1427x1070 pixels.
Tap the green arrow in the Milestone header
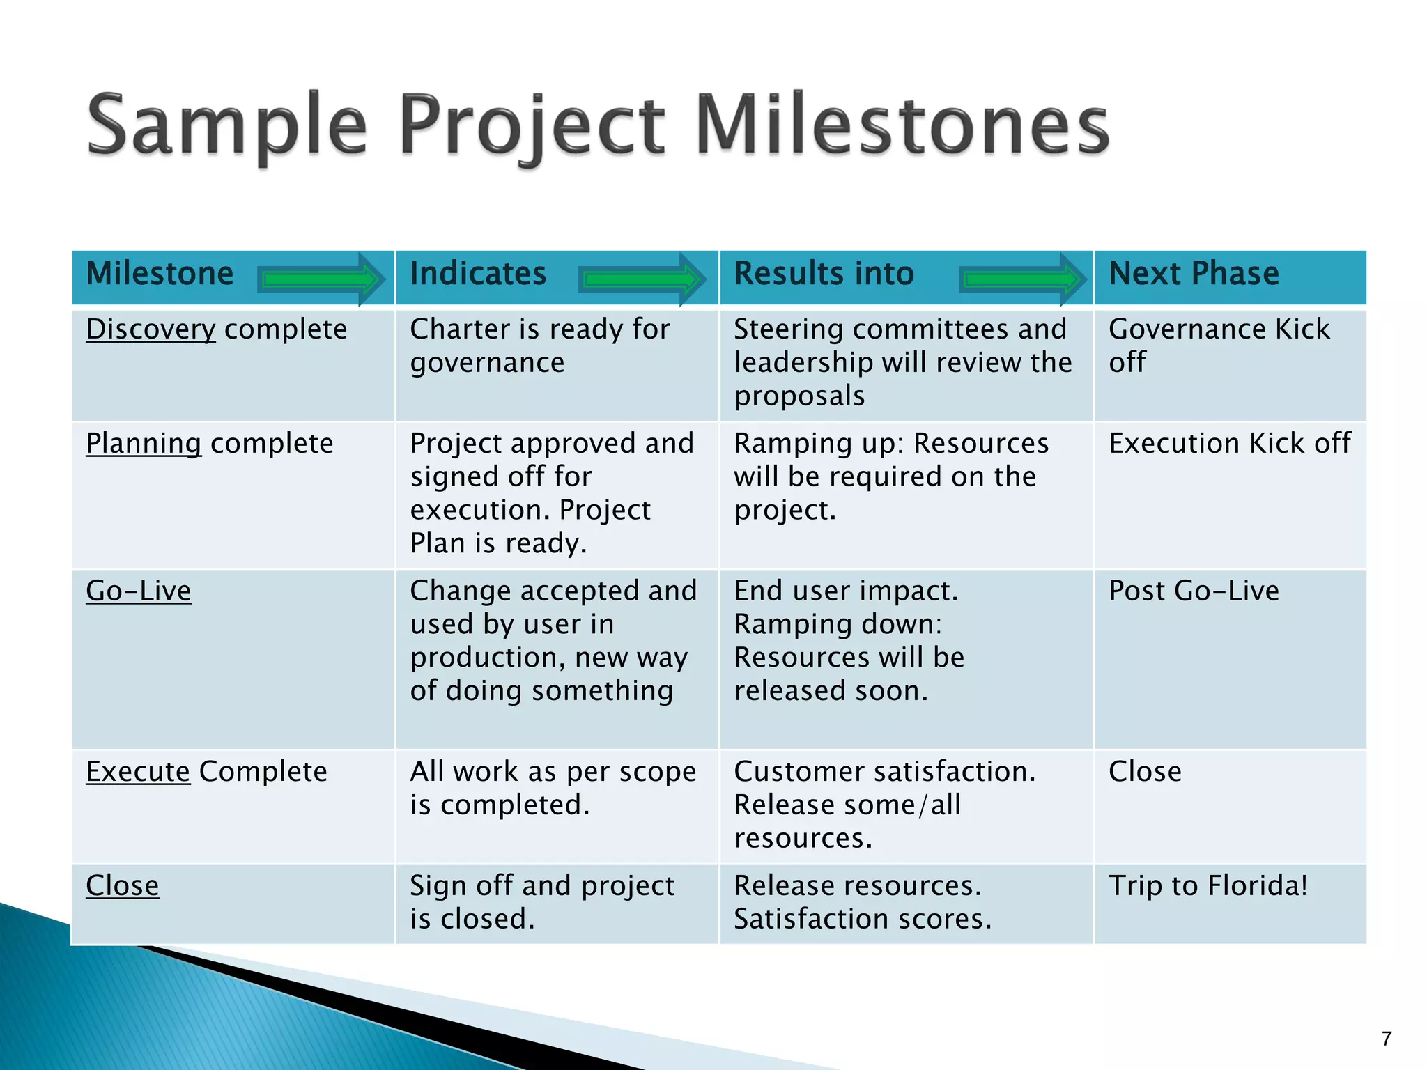321,279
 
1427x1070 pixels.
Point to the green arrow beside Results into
1022,279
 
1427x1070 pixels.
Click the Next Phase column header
1194,274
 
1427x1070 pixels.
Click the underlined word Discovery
151,329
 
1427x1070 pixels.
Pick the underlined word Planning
144,444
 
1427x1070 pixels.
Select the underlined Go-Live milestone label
139,591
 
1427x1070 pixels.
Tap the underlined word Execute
138,772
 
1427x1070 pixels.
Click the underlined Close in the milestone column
123,886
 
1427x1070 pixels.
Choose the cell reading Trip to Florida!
1208,886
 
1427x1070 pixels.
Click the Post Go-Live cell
1194,591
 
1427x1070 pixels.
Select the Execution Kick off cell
1230,444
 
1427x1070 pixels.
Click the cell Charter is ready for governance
540,346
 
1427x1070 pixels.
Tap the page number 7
1387,1039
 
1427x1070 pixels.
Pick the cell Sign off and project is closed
542,902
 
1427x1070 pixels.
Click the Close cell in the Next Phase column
1145,772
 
